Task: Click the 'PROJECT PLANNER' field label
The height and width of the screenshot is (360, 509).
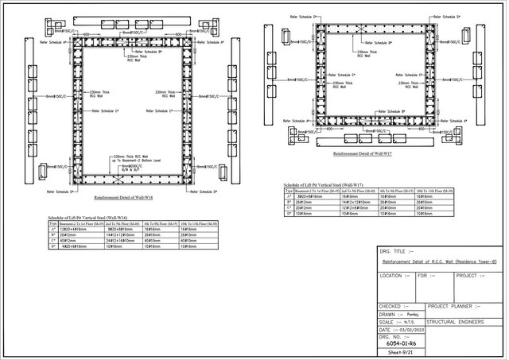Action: (454, 305)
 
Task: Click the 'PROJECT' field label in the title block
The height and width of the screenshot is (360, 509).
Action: (468, 276)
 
